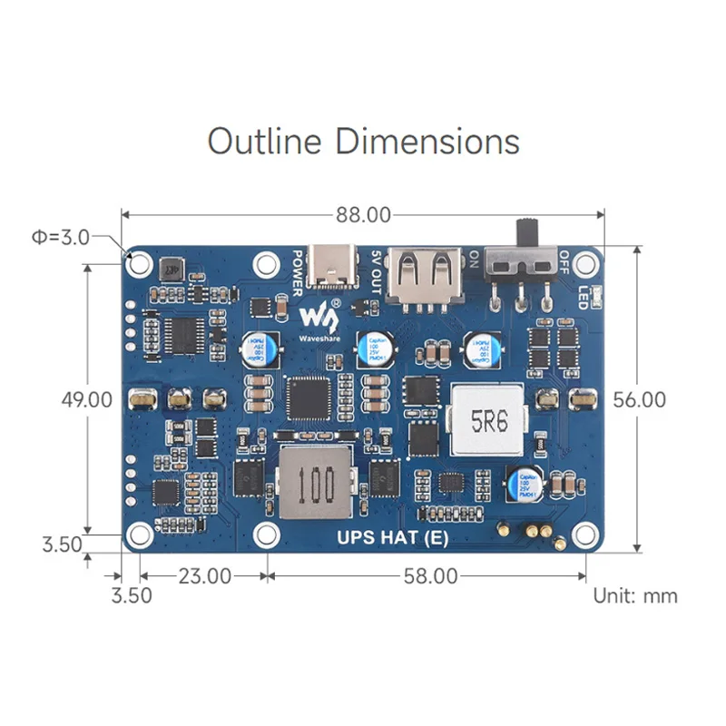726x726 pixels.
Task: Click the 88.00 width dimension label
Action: pos(363,215)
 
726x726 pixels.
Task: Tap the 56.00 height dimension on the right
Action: pos(639,399)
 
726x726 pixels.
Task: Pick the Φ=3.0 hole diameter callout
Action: pos(60,238)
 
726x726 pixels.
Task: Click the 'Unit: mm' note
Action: pos(635,596)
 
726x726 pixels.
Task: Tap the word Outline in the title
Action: pos(265,142)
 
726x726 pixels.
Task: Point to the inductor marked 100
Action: pos(315,482)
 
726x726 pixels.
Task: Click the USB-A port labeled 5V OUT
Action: pos(425,274)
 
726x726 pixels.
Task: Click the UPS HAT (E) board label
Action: pos(392,536)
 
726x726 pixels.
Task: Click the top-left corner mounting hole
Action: pos(140,263)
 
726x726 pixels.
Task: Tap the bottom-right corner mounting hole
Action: pos(585,535)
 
